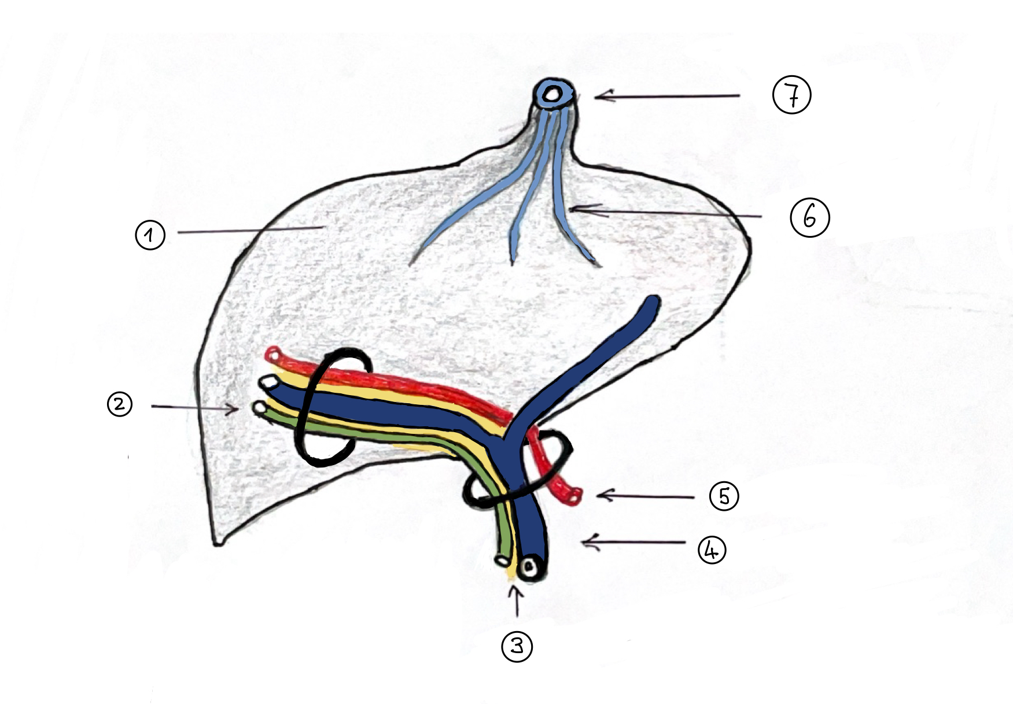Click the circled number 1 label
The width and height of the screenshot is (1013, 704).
150,235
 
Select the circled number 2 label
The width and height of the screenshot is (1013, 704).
120,404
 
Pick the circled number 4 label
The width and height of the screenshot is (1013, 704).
712,550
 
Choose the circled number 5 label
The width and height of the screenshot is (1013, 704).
724,496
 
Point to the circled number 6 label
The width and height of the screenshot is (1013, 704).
809,218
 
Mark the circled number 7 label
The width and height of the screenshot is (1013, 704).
792,95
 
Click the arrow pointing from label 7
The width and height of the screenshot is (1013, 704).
665,96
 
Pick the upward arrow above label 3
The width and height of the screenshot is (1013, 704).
516,600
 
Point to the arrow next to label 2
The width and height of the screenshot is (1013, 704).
194,407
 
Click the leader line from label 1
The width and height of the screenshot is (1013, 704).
249,231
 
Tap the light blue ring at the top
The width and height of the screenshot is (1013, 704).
554,93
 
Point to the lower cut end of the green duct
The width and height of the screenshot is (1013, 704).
502,560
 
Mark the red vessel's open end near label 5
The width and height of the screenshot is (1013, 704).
574,495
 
